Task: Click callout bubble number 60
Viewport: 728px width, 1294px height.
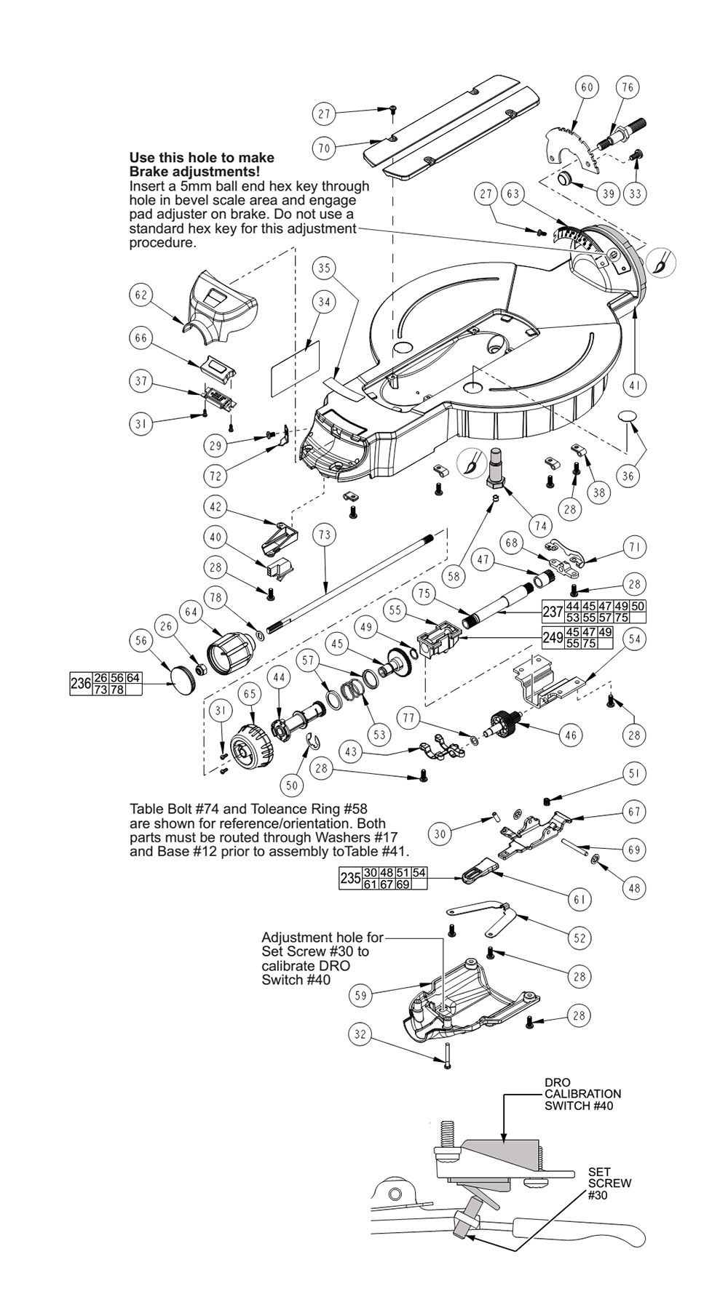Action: [x=586, y=88]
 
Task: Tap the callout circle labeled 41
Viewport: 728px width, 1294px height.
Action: [x=634, y=386]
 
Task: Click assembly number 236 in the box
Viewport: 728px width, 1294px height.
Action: [x=80, y=684]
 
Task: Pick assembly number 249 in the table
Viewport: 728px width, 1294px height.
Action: [x=552, y=638]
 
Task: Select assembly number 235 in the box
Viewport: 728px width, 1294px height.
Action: [x=350, y=878]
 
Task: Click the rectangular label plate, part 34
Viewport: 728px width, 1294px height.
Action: [x=295, y=365]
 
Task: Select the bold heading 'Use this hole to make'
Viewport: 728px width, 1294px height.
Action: [x=202, y=158]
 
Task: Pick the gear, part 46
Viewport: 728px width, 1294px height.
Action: [x=506, y=722]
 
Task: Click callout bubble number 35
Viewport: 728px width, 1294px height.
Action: [x=324, y=268]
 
